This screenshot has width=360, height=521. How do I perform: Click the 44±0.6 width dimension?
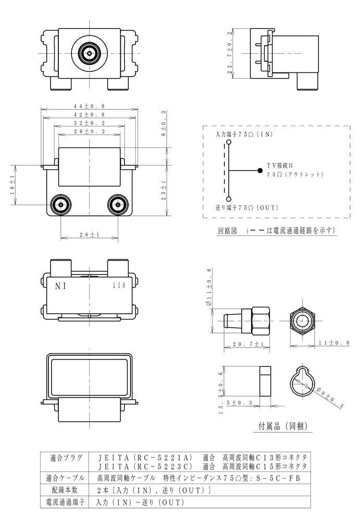(x=90, y=106)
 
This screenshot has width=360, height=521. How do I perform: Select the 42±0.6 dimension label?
(x=90, y=115)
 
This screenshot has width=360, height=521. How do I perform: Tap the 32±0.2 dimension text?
(x=90, y=123)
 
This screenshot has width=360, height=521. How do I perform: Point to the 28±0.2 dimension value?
(x=90, y=132)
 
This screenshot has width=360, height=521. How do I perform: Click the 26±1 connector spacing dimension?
(x=90, y=234)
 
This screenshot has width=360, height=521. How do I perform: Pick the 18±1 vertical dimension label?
(x=13, y=185)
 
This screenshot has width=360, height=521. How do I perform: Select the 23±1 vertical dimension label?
(x=164, y=190)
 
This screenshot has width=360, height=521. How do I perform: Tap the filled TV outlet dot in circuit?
(x=260, y=171)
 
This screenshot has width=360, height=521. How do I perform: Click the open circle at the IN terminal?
(x=229, y=142)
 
